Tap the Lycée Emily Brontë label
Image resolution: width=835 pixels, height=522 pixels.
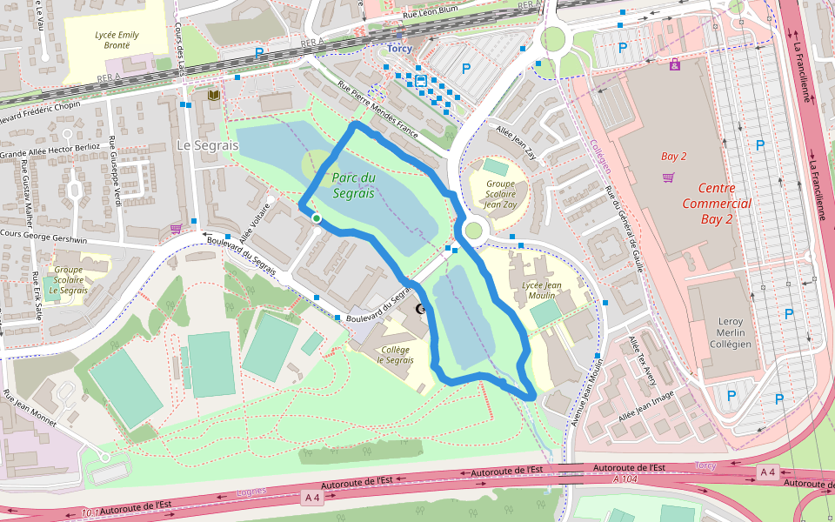117,40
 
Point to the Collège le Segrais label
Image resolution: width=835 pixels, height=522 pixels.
395,355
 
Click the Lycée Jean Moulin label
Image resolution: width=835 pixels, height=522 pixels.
541,290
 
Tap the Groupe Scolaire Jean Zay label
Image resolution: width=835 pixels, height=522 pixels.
500,193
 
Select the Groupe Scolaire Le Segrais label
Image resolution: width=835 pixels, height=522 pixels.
69,280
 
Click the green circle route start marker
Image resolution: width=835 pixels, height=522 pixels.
317,218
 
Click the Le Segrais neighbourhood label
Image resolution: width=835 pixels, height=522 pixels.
207,145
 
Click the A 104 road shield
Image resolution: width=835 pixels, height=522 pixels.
625,479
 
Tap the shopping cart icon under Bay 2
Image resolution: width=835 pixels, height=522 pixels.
668,177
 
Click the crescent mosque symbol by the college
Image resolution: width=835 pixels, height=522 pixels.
422,309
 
